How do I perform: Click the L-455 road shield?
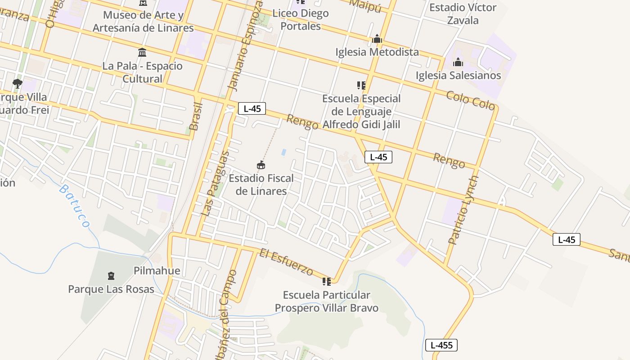[441, 345]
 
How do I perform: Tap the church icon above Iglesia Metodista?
[377, 40]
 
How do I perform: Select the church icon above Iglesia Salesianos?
[458, 62]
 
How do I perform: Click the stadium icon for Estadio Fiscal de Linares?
[261, 165]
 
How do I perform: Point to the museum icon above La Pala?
[143, 52]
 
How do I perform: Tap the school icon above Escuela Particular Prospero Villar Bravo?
[326, 282]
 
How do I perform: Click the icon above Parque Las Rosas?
[111, 275]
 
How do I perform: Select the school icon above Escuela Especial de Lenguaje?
[361, 85]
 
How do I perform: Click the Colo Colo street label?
[470, 100]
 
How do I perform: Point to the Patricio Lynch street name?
[463, 210]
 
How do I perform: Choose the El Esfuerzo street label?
[286, 262]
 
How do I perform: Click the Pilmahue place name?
[157, 270]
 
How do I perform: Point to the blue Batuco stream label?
[75, 205]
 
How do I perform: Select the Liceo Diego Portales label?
[301, 19]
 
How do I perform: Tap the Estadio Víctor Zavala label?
[463, 13]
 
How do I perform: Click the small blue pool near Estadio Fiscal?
[283, 152]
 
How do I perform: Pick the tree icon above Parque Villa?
[18, 83]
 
